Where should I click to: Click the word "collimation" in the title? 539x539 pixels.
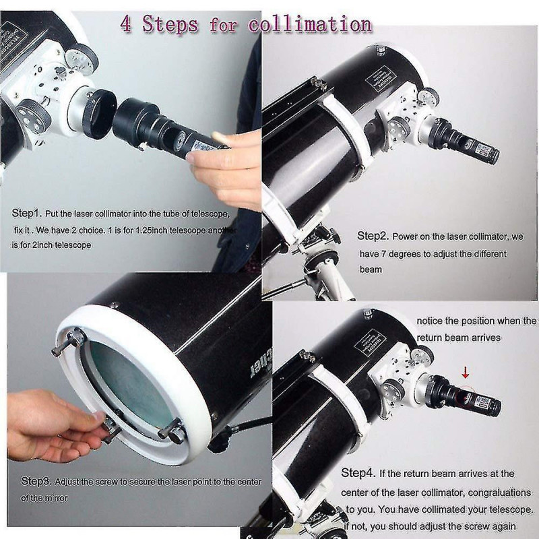pos(309,24)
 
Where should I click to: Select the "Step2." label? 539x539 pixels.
pos(374,236)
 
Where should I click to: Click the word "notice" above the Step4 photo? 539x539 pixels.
pos(430,321)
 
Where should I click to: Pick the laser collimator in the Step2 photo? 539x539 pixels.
pos(472,143)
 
